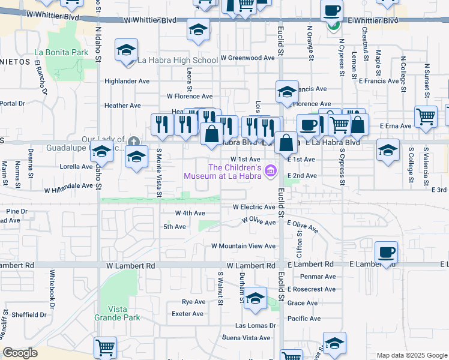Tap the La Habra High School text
tap(178, 60)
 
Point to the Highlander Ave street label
tap(127, 81)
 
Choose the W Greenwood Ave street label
tap(247, 58)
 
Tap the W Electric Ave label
tap(254, 207)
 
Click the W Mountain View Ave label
tap(243, 246)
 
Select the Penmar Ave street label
tap(319, 277)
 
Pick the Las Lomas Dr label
tap(255, 325)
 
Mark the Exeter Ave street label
tap(187, 313)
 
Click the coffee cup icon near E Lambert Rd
tap(387, 252)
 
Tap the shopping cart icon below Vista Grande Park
tap(106, 347)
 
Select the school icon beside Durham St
tap(256, 298)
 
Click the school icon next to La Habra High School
tap(127, 50)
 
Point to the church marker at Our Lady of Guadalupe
tap(133, 142)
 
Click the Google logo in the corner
tap(20, 353)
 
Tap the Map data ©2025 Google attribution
tap(412, 355)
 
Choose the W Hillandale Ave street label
tap(69, 186)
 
